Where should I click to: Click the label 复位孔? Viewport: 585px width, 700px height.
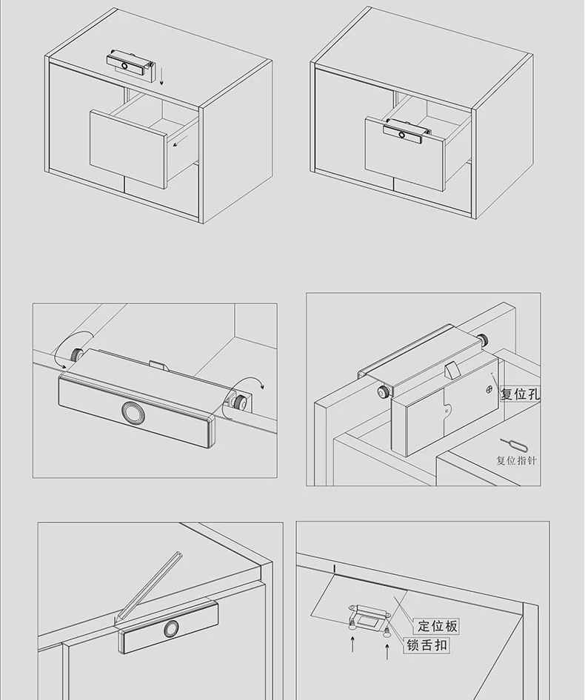click(520, 394)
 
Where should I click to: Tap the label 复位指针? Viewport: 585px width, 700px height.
click(516, 460)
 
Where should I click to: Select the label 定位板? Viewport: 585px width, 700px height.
click(438, 626)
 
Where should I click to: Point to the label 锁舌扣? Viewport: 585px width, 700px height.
click(427, 645)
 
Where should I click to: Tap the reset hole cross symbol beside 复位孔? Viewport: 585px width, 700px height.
click(489, 389)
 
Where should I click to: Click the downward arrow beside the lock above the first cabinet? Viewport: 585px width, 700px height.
click(161, 76)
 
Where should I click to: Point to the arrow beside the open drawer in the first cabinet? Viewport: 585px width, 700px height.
click(180, 142)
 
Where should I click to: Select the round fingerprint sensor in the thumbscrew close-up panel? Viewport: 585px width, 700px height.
click(131, 412)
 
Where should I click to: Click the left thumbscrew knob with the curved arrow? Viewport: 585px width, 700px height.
click(76, 354)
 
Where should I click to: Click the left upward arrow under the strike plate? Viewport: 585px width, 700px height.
click(352, 645)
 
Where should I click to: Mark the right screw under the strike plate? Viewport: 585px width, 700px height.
click(387, 630)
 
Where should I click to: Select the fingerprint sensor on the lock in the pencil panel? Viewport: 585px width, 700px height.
click(171, 629)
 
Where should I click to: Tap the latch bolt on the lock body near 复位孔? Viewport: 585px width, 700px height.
click(452, 371)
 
